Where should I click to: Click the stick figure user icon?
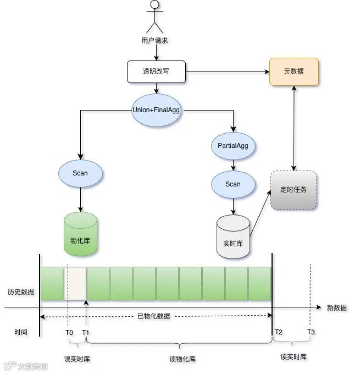pos(155,16)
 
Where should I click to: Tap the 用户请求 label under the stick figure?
pos(154,40)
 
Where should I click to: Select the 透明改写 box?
pos(157,71)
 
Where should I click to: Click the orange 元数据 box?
pos(293,71)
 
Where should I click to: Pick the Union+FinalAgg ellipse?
pos(156,109)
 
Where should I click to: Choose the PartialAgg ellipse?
pos(233,146)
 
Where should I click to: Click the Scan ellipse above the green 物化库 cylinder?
pos(80,173)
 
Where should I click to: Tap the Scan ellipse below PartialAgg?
pos(233,184)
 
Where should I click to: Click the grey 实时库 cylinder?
pos(233,237)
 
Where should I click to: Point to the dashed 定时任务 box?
pos(293,190)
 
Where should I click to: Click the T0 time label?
pos(69,332)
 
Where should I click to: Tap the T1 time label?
pos(86,332)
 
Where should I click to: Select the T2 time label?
pos(279,332)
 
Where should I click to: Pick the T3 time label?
pos(311,332)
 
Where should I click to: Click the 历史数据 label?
pos(21,291)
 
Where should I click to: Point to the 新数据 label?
pos(337,308)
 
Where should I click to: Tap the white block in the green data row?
pos(75,284)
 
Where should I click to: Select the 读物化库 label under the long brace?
pos(182,359)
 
